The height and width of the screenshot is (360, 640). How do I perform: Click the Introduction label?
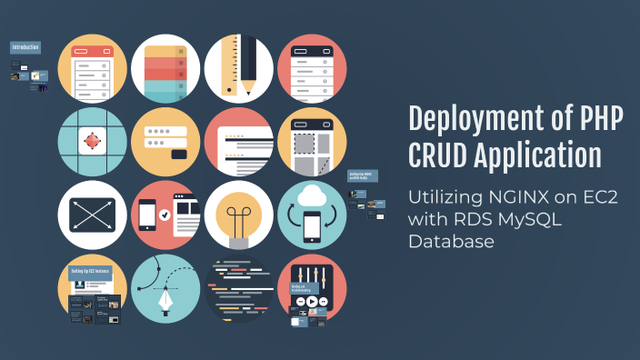point(26,46)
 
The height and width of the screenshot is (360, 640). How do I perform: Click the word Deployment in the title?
point(471,118)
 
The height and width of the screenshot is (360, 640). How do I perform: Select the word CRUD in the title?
point(440,155)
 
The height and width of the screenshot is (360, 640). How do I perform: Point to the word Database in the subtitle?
point(451,241)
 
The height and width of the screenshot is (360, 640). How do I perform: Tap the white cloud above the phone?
point(312,195)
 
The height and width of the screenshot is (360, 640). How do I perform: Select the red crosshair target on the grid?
point(92,142)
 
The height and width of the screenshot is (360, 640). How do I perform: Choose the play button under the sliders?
point(312,302)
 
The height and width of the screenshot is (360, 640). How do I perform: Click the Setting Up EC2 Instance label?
point(90,270)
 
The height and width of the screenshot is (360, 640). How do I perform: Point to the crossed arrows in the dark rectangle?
point(92,215)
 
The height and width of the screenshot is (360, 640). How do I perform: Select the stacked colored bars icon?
point(165,69)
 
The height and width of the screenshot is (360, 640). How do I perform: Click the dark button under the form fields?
point(180,155)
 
